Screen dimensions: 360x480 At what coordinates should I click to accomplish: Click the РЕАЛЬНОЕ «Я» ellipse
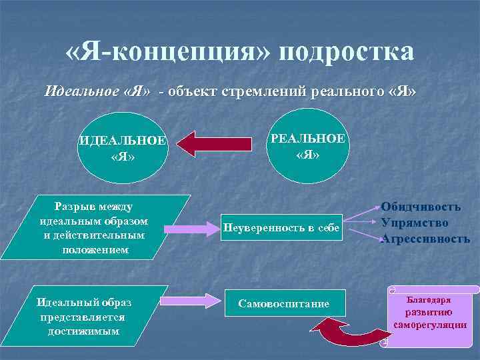307,146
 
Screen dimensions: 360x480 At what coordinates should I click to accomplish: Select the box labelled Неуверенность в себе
282,227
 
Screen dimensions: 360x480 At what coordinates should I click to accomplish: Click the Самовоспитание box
284,304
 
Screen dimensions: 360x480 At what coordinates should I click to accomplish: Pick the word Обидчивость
421,207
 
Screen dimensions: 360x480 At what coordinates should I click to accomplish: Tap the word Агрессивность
425,238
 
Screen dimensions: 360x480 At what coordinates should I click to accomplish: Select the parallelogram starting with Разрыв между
95,227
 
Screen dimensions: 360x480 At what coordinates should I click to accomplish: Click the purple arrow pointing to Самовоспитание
191,301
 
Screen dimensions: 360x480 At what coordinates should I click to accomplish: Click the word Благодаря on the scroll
429,301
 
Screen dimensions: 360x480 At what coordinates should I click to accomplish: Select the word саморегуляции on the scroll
430,325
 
